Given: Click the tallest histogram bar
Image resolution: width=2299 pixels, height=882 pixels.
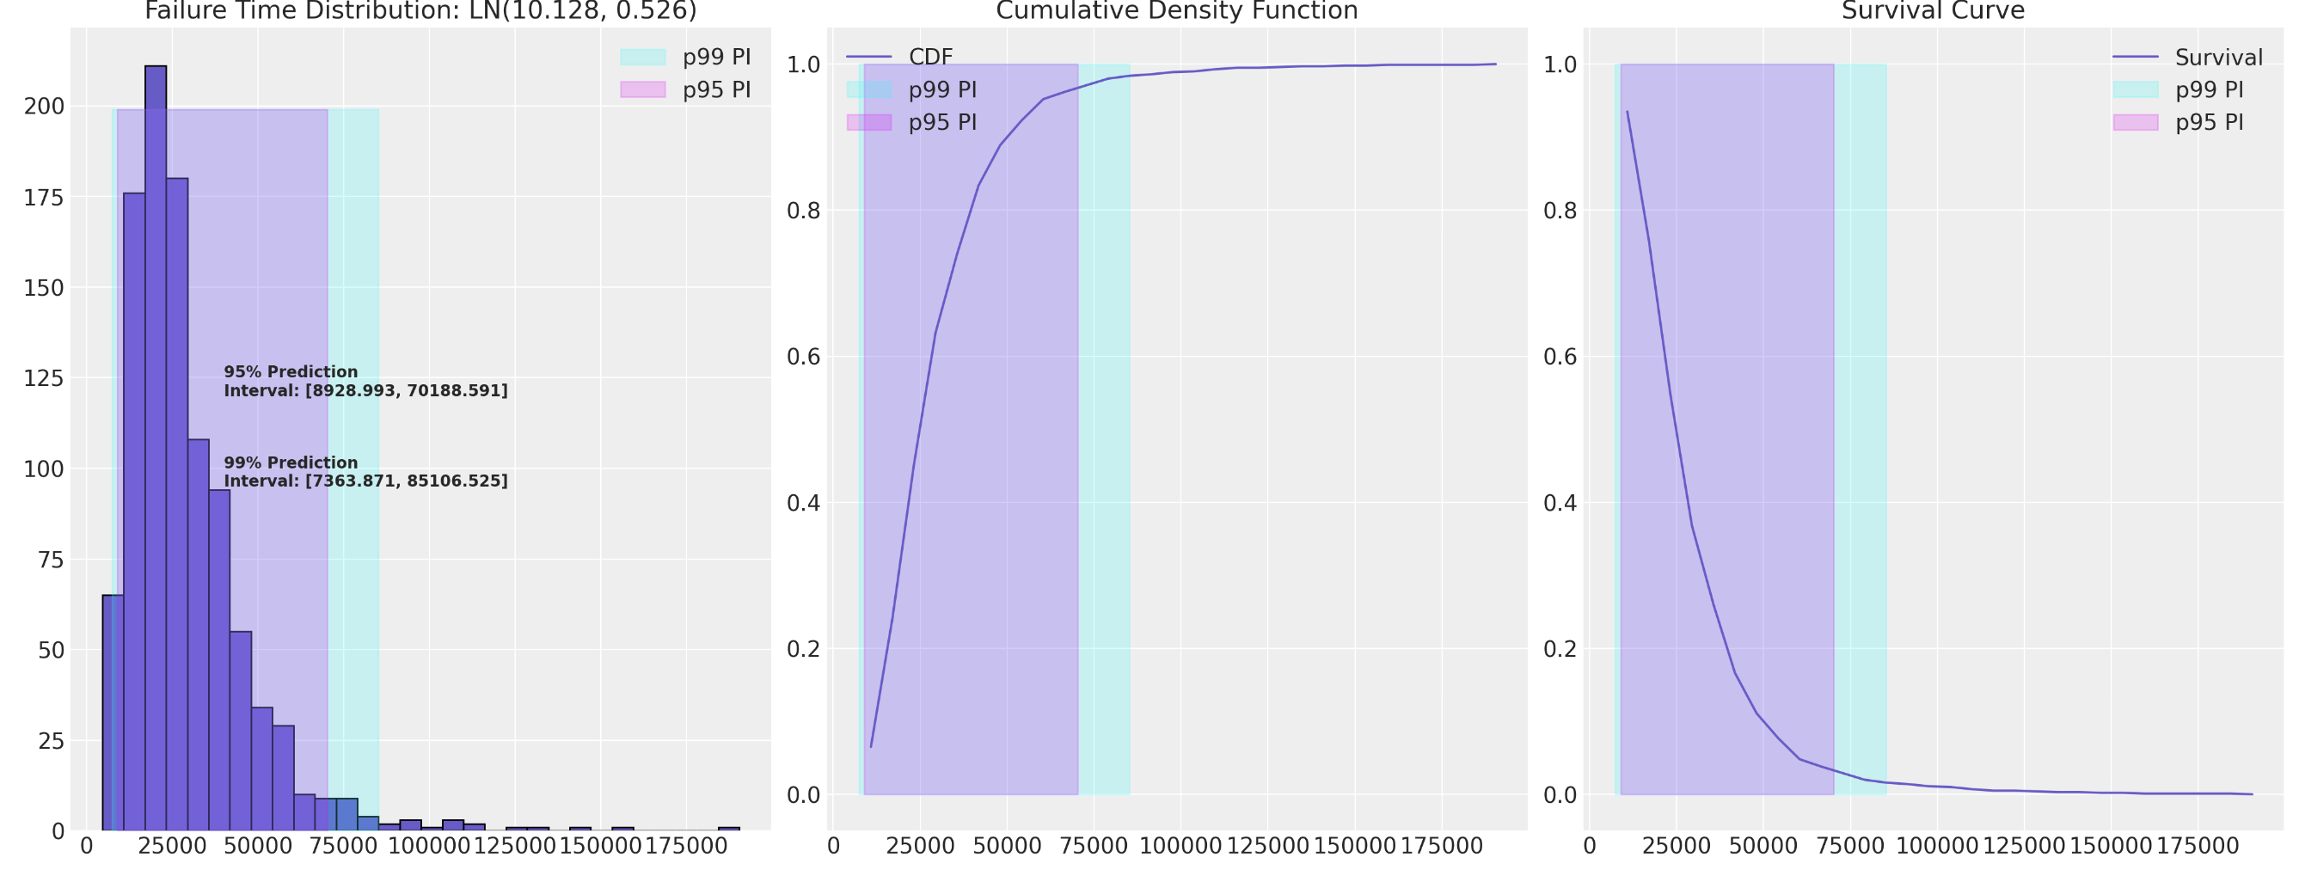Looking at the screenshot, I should [x=156, y=446].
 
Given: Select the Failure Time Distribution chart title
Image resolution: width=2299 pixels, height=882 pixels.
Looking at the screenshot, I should [x=420, y=10].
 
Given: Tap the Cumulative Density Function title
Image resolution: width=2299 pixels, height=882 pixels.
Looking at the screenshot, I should [x=1176, y=10].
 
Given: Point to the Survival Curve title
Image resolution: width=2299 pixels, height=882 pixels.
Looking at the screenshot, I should [x=1933, y=10].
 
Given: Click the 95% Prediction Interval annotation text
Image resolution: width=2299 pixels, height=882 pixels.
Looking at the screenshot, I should [x=365, y=381].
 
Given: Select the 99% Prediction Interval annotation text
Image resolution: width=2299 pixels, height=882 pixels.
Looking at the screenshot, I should [x=365, y=471].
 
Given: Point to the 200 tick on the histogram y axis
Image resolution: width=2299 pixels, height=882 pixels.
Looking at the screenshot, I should [x=45, y=107].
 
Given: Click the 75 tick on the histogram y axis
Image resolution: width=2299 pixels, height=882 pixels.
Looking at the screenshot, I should [x=52, y=560].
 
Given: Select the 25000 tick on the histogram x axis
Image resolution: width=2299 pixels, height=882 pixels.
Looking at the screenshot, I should [x=172, y=846].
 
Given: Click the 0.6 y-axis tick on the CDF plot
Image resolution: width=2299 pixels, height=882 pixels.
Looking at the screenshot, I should [x=803, y=357].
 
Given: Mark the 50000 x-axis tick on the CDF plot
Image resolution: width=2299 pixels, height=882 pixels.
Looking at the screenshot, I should [x=1007, y=846].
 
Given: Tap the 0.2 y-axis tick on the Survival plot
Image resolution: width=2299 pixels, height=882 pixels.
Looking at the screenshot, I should [x=1560, y=649].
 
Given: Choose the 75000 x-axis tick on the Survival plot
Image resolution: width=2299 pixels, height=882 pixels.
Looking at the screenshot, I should [x=1850, y=846].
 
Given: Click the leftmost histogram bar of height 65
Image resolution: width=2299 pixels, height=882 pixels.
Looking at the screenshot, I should [x=113, y=714].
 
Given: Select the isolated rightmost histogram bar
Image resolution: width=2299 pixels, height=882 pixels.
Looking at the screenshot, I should [x=728, y=829].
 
